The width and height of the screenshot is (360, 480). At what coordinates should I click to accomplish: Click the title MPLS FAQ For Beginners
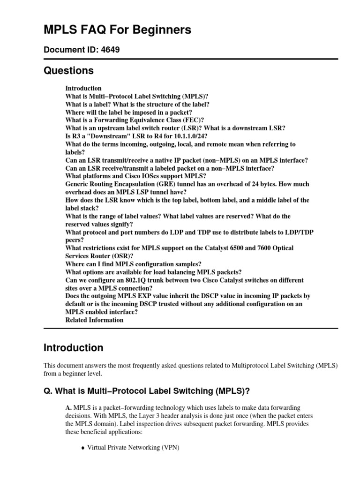click(117, 30)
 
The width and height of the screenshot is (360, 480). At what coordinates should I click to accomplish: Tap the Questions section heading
click(68, 71)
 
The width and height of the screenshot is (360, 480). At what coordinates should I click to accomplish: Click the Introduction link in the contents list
click(83, 88)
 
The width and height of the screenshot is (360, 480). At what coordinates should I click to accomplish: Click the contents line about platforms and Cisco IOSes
click(136, 176)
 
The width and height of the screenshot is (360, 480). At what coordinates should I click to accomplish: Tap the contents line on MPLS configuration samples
click(134, 264)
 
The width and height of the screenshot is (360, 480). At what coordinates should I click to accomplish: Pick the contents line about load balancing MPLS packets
click(154, 272)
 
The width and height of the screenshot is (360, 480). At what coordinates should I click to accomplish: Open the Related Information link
click(95, 320)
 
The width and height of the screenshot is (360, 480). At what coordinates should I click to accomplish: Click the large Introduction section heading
click(73, 348)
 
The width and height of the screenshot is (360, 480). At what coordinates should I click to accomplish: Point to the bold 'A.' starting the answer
click(68, 408)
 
